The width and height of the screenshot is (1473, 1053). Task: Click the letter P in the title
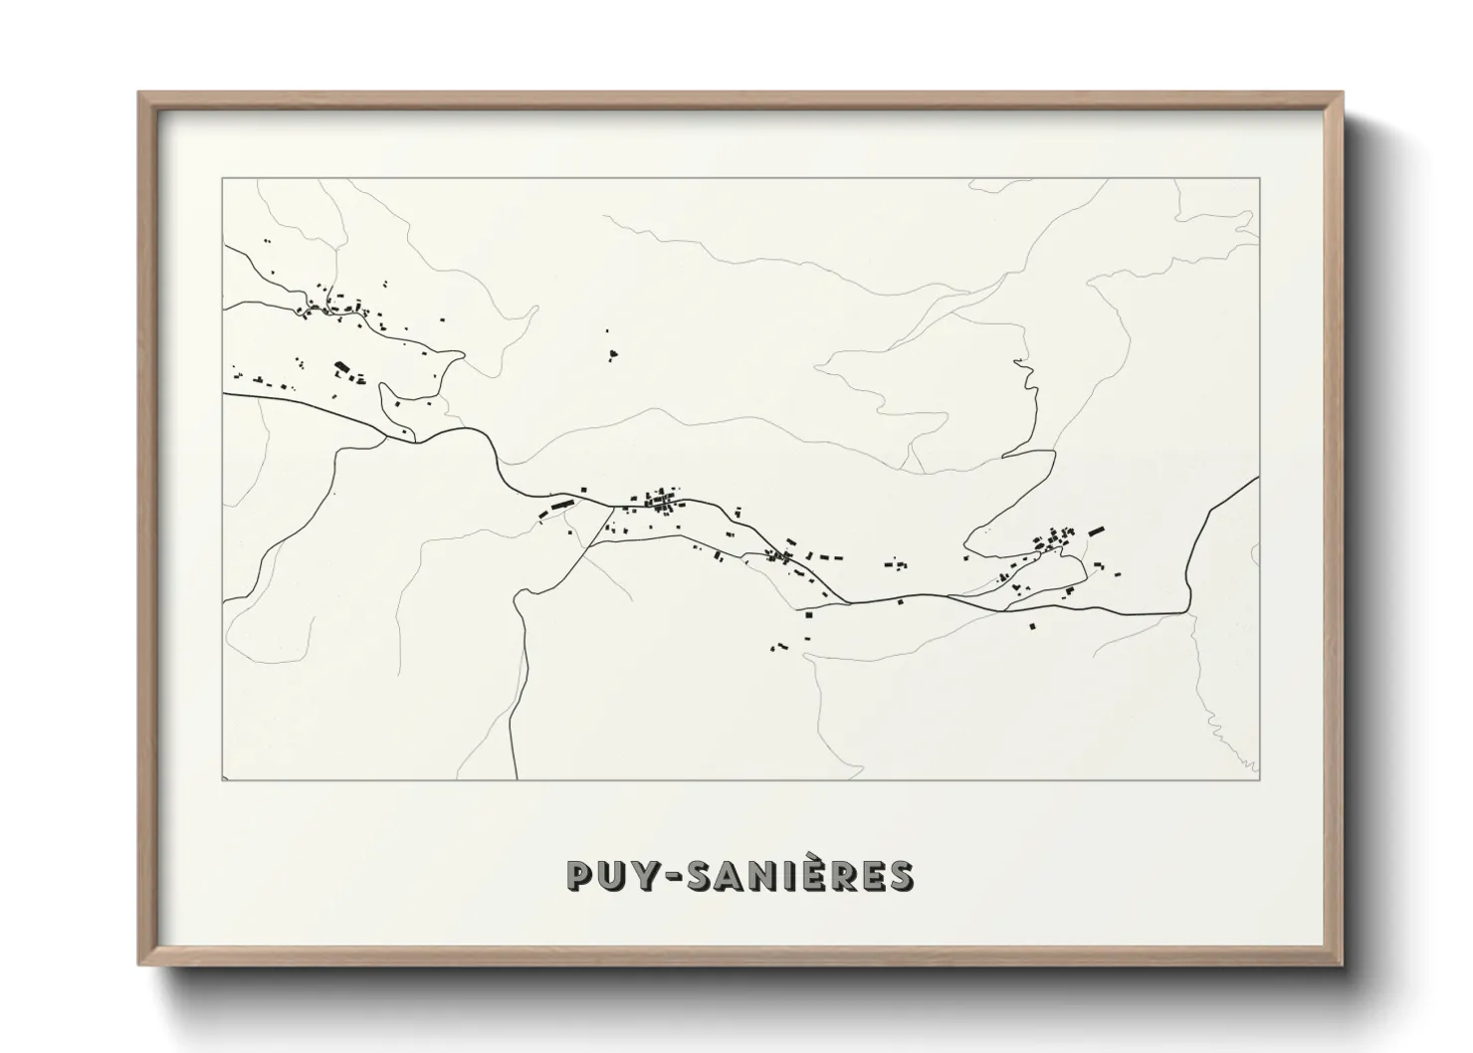click(578, 876)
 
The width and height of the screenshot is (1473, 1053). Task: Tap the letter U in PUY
click(609, 876)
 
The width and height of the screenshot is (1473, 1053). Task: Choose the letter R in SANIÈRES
click(845, 876)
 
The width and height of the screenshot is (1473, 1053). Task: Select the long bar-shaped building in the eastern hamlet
click(1097, 532)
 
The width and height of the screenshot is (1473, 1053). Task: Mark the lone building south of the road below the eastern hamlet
click(1032, 625)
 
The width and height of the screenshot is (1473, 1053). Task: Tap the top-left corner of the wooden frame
click(139, 94)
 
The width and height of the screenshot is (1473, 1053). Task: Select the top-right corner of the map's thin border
click(1259, 179)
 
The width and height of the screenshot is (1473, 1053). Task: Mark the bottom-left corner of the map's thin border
click(224, 780)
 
